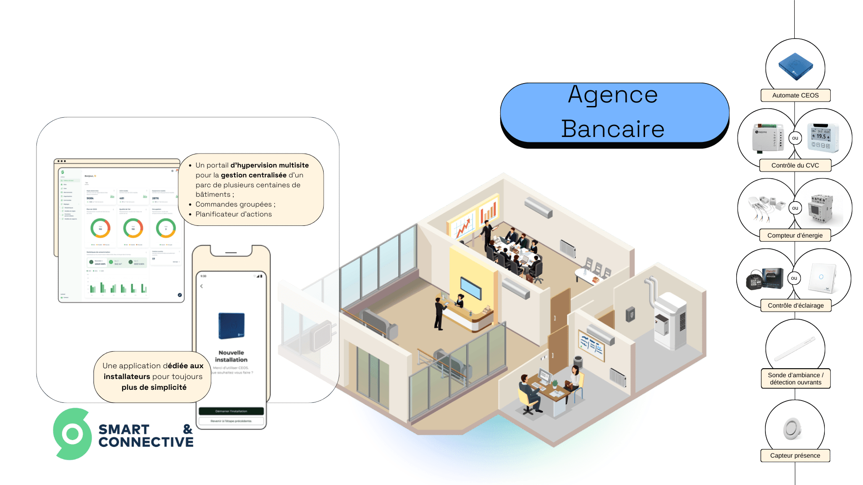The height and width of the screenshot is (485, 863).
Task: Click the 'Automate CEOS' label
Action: pyautogui.click(x=795, y=95)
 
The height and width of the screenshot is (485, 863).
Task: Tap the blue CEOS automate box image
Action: pyautogui.click(x=795, y=66)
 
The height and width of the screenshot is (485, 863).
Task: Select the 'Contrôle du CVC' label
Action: pyautogui.click(x=795, y=165)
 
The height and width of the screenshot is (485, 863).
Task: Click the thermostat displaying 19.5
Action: pyautogui.click(x=822, y=137)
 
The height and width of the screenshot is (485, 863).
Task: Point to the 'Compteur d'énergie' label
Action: pyautogui.click(x=795, y=235)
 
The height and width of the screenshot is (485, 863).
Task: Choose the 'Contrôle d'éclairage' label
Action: pyautogui.click(x=795, y=305)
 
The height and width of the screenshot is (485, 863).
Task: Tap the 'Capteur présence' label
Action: pyautogui.click(x=795, y=455)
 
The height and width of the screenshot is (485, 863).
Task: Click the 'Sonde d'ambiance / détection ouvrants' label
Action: pyautogui.click(x=795, y=379)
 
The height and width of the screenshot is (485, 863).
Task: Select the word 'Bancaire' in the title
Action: pyautogui.click(x=613, y=129)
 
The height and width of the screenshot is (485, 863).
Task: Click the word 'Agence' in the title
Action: pyautogui.click(x=613, y=95)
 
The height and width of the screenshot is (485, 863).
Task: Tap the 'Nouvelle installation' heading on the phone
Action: pyautogui.click(x=231, y=356)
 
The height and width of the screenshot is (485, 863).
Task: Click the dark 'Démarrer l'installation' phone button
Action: pyautogui.click(x=231, y=411)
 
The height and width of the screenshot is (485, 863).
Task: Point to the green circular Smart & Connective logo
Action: pyautogui.click(x=72, y=434)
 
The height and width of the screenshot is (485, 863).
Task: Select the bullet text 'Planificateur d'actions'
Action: pyautogui.click(x=233, y=214)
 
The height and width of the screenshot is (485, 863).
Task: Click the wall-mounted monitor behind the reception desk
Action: pyautogui.click(x=471, y=288)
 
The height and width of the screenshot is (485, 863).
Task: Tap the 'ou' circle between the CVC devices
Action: pyautogui.click(x=795, y=138)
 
